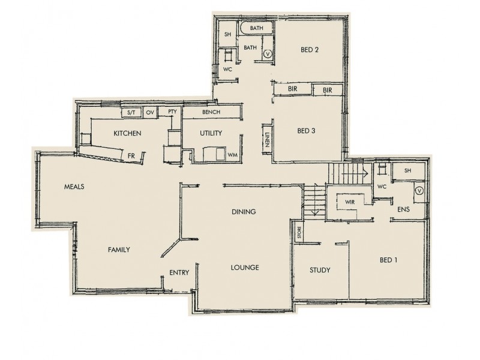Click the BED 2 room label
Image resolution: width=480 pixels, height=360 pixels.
(309, 50)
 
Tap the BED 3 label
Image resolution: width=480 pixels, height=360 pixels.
(306, 131)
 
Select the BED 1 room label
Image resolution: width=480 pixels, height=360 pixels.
(388, 260)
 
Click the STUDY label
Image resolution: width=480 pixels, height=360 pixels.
(320, 270)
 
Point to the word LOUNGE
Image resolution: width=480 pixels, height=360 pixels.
(244, 268)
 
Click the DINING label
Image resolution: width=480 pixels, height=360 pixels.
(244, 212)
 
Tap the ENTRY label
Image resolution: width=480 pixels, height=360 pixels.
(179, 272)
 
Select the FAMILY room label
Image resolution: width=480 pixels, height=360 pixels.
(119, 250)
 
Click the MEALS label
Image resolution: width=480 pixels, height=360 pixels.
(74, 187)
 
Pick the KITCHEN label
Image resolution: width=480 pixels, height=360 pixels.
(127, 133)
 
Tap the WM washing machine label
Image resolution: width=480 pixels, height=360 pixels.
(232, 155)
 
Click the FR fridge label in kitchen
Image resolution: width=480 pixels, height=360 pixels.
(131, 155)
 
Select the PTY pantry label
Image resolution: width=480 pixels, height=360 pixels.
(172, 112)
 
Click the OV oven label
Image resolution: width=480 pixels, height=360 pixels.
(150, 112)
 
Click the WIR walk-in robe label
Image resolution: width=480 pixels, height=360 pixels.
(350, 202)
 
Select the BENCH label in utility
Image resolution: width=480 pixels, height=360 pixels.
(211, 112)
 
